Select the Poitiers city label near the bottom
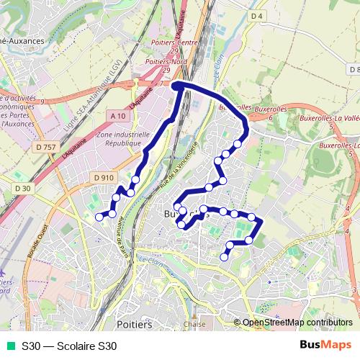(x=133, y=325)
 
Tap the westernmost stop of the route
(x=99, y=216)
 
